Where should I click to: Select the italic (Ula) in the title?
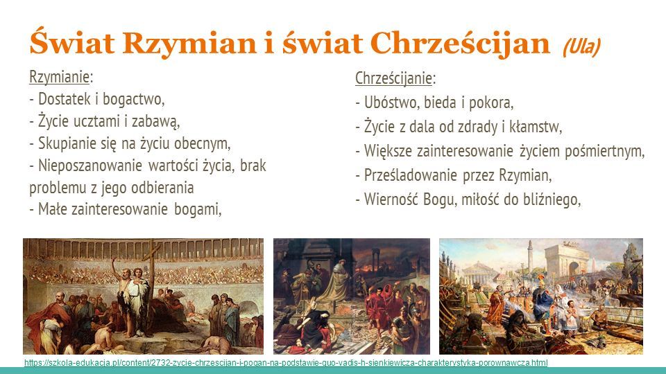tap(581, 46)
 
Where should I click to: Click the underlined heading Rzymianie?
tap(60, 77)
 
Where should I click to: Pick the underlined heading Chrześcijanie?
tap(393, 78)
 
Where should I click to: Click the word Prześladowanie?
tap(410, 175)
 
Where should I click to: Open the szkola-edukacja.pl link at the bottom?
tap(286, 362)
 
